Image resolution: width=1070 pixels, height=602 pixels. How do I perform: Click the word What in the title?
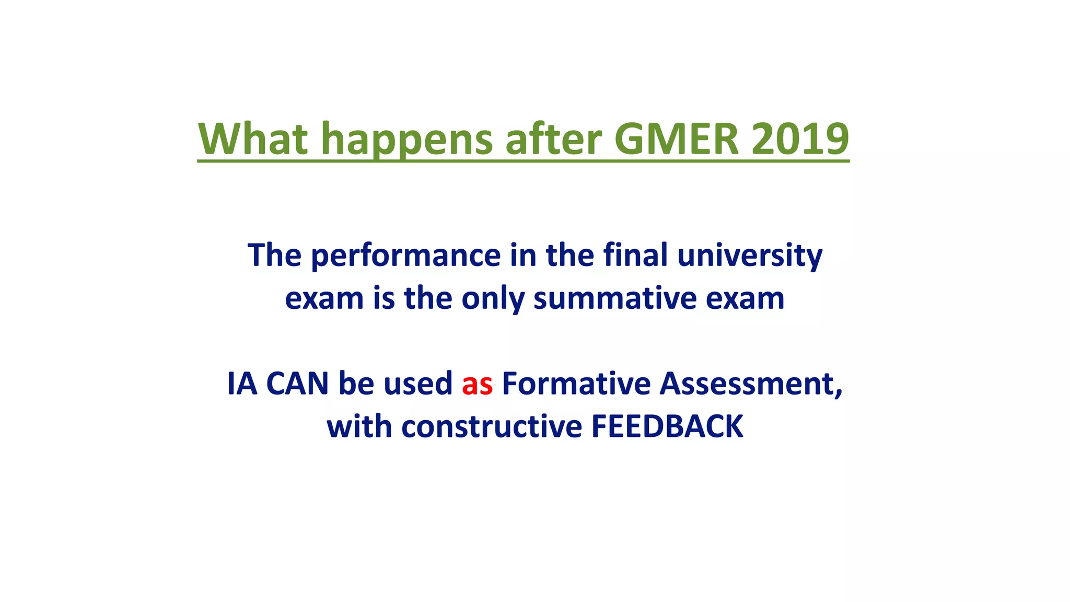[x=253, y=138]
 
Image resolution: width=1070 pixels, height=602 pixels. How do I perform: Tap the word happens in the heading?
[x=406, y=138]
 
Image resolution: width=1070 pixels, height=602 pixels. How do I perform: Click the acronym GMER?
[x=677, y=138]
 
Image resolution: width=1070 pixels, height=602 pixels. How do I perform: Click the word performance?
[x=406, y=256]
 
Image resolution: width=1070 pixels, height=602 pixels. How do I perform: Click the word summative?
[x=614, y=298]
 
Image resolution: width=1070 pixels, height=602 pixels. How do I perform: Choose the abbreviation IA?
[x=242, y=384]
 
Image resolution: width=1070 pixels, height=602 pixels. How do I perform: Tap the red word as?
[x=477, y=384]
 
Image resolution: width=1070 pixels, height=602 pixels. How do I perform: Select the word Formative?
[x=576, y=384]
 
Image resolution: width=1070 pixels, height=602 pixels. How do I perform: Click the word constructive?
[x=491, y=426]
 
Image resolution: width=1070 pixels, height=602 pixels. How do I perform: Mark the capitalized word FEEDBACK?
[x=667, y=426]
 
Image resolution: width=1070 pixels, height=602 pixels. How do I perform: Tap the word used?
[x=418, y=384]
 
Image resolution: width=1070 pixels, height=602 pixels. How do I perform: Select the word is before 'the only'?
[x=383, y=298]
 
